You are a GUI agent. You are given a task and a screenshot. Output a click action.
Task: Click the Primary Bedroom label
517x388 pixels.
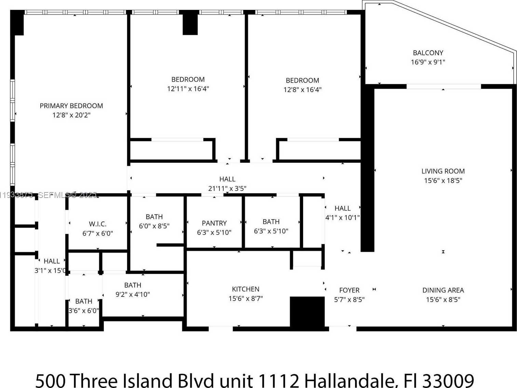tap(71, 106)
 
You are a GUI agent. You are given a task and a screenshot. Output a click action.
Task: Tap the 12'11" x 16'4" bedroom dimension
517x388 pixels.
tap(188, 89)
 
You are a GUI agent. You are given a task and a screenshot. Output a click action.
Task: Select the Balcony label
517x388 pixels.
tap(428, 53)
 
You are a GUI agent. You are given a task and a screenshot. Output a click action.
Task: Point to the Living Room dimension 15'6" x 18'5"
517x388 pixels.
tap(443, 181)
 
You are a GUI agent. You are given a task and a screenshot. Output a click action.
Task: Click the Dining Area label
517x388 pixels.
tap(443, 290)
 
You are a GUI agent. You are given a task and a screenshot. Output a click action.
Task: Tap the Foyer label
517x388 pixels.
tap(349, 290)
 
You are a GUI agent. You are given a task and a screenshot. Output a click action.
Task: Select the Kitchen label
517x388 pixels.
tap(245, 289)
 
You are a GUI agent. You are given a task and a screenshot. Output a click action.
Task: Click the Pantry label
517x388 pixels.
tap(214, 223)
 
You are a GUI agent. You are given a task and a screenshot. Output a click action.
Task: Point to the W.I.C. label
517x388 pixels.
tap(98, 224)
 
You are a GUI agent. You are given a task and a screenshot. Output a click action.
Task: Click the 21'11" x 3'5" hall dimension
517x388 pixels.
tap(227, 188)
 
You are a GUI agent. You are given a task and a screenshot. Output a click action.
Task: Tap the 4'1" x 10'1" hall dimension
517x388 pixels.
tap(342, 217)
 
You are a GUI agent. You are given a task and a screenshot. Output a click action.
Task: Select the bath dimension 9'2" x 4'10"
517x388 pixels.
tap(133, 294)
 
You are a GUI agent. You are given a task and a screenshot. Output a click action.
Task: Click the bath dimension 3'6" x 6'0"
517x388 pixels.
tap(84, 311)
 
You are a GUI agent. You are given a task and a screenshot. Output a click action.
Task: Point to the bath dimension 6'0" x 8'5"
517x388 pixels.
tap(154, 226)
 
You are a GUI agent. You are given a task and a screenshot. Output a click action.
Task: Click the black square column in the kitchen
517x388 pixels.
tap(307, 312)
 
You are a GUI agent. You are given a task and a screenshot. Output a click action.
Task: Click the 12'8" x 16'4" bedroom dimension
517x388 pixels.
tap(302, 90)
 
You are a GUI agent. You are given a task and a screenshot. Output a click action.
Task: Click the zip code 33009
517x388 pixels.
tap(448, 380)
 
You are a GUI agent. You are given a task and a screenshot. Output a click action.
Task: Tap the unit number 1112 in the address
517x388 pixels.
tap(278, 380)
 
